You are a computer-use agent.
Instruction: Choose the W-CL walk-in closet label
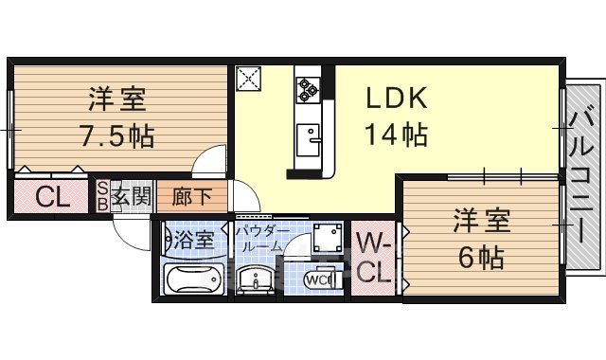coord(374,259)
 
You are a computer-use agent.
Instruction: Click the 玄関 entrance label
coord(131,198)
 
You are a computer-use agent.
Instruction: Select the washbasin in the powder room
coord(257,280)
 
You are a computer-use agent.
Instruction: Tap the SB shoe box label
coord(102,198)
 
